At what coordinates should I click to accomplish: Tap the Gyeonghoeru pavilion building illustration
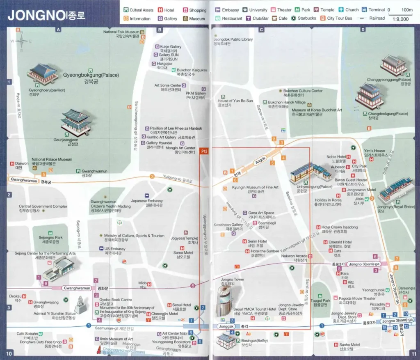[x=43, y=74]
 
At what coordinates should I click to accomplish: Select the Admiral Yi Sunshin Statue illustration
[x=80, y=304]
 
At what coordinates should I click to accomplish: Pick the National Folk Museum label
[x=121, y=32]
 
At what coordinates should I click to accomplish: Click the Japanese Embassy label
[x=146, y=201]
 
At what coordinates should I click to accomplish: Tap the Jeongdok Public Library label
[x=233, y=39]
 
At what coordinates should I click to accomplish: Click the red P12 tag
[x=203, y=151]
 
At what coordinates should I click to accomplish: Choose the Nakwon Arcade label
[x=294, y=256]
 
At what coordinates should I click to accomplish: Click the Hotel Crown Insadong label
[x=339, y=227]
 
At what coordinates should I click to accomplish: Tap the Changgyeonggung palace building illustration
[x=393, y=65]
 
